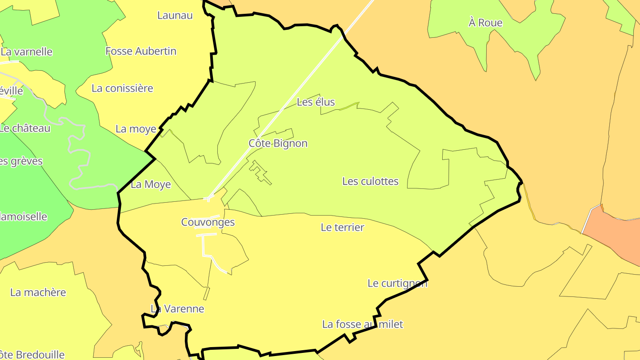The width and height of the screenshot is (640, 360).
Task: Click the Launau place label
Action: tap(175, 15)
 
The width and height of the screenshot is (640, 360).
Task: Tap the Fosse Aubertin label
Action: tap(141, 51)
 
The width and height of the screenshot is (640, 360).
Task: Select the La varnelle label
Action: tap(27, 52)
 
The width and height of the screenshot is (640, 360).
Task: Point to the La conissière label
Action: tap(122, 88)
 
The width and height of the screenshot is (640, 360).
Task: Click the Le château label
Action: tap(25, 128)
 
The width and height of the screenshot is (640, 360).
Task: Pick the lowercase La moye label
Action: tap(136, 129)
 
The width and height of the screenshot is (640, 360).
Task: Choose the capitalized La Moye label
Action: tap(151, 184)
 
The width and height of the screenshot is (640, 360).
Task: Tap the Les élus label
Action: tap(316, 102)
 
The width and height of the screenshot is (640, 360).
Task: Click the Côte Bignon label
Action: tap(278, 143)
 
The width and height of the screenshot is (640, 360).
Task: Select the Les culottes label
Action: tap(370, 181)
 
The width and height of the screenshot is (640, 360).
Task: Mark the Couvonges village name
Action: tap(208, 222)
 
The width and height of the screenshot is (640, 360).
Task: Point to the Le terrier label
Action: tap(342, 227)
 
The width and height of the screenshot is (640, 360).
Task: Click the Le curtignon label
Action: tap(397, 283)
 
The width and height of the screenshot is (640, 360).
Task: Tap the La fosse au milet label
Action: tap(362, 324)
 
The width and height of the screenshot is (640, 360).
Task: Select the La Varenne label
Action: tap(177, 308)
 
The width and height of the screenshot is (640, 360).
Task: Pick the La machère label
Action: tap(38, 292)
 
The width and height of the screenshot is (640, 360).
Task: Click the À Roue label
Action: tap(485, 23)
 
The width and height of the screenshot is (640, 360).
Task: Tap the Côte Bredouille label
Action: tap(32, 355)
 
